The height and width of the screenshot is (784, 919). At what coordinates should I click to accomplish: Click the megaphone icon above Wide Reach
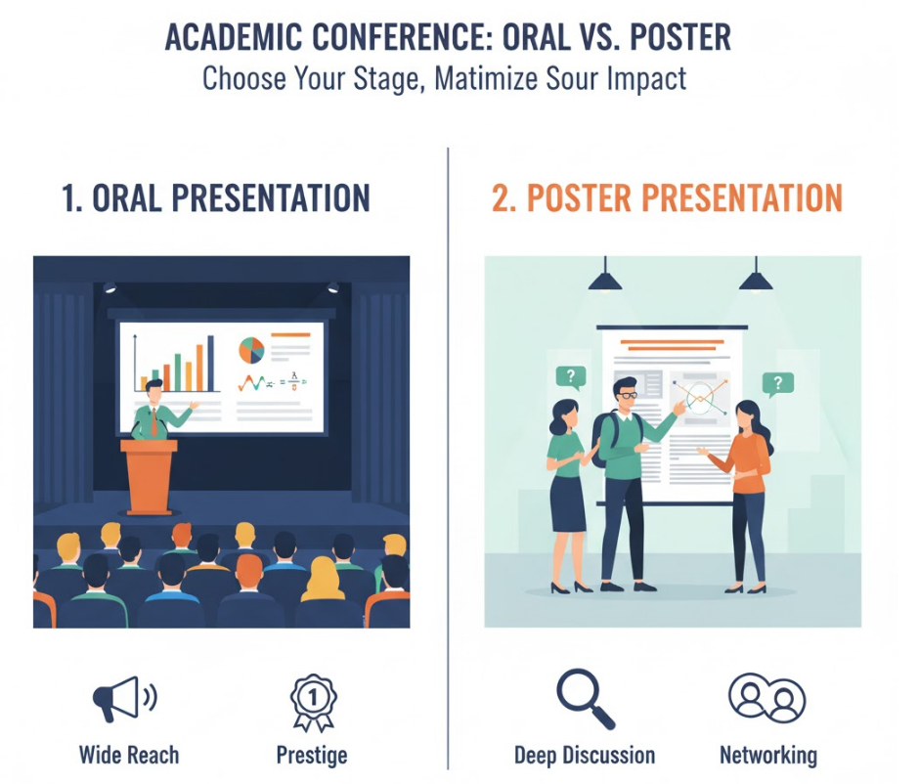pyautogui.click(x=123, y=698)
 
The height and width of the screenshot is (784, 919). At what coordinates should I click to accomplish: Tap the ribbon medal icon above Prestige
pyautogui.click(x=313, y=702)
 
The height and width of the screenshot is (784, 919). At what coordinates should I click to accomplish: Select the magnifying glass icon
pyautogui.click(x=585, y=698)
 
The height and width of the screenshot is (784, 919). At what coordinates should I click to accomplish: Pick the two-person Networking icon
pyautogui.click(x=766, y=697)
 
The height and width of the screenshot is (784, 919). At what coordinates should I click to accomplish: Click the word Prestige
pyautogui.click(x=312, y=756)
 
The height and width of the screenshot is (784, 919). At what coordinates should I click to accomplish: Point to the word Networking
pyautogui.click(x=767, y=756)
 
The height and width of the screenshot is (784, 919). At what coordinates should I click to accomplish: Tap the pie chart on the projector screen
pyautogui.click(x=251, y=350)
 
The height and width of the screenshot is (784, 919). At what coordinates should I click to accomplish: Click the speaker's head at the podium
pyautogui.click(x=154, y=391)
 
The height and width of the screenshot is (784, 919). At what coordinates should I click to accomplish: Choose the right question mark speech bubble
pyautogui.click(x=778, y=384)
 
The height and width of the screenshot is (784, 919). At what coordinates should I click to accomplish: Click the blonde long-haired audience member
pyautogui.click(x=323, y=580)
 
